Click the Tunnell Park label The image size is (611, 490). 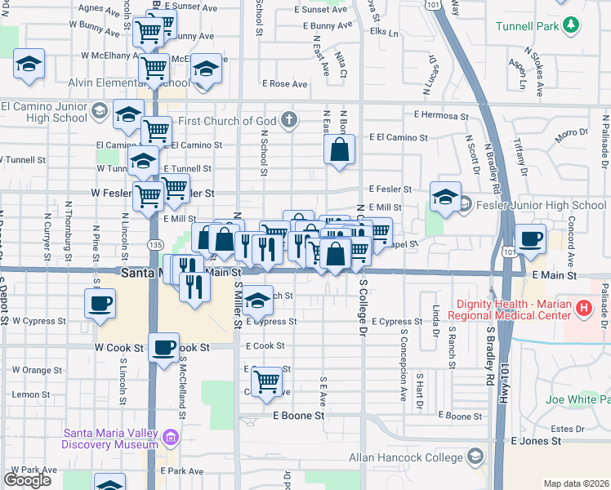pyautogui.click(x=527, y=26)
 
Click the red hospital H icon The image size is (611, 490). pyautogui.click(x=583, y=308)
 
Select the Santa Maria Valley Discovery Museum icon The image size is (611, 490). pyautogui.click(x=171, y=438)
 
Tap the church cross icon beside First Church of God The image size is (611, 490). pyautogui.click(x=288, y=121)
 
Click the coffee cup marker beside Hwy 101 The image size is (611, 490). pyautogui.click(x=530, y=238)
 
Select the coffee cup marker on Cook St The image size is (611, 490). pyautogui.click(x=164, y=347)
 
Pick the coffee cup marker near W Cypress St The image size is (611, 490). pyautogui.click(x=100, y=303)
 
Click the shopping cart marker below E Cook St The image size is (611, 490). pyautogui.click(x=266, y=380)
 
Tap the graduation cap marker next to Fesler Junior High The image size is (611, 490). pyautogui.click(x=444, y=197)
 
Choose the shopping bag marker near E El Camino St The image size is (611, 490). pyautogui.click(x=339, y=149)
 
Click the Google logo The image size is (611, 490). pyautogui.click(x=27, y=480)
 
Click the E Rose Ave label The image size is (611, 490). pyautogui.click(x=284, y=84)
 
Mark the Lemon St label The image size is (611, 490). pyautogui.click(x=31, y=394)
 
